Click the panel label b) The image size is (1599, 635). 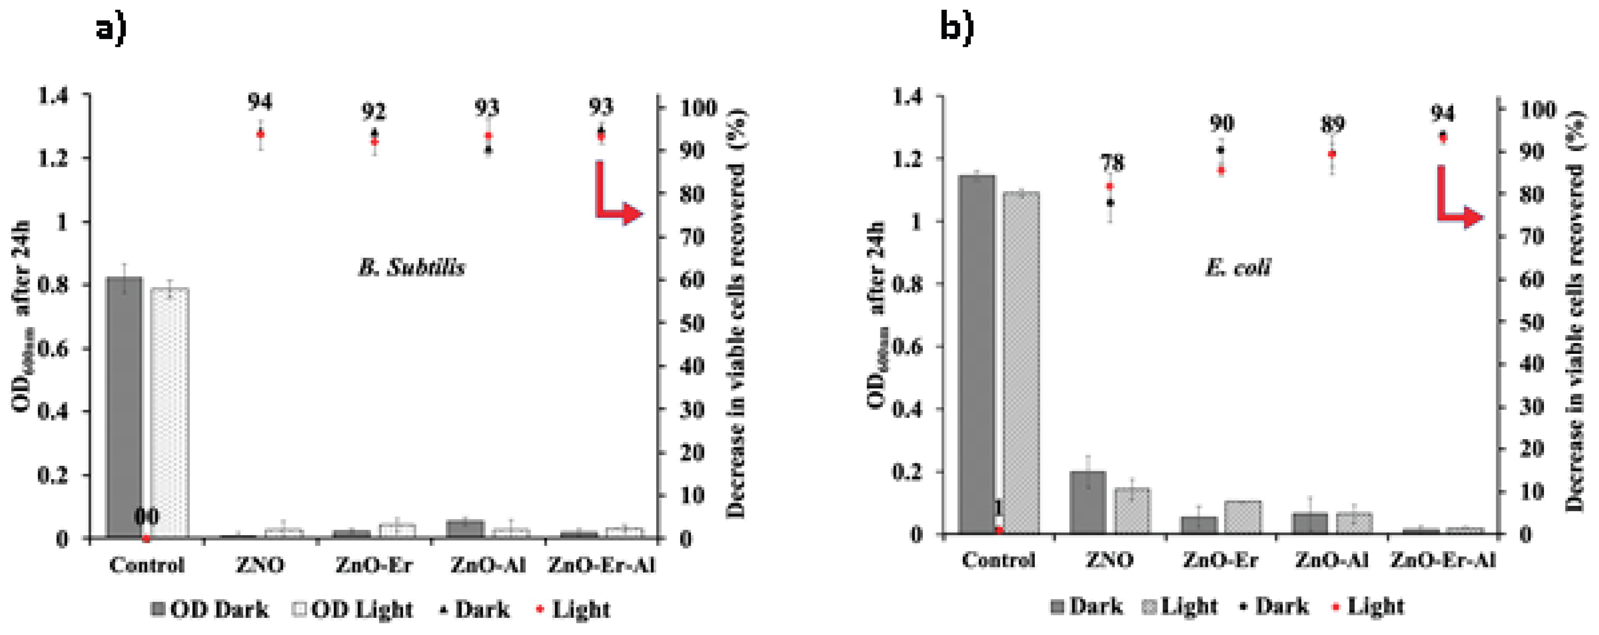[956, 27]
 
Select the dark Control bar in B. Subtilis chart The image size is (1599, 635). [124, 406]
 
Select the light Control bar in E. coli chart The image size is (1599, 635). [1021, 363]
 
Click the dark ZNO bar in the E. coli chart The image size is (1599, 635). [1087, 503]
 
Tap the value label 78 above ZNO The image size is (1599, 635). [1112, 163]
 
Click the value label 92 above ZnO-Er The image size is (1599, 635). [374, 113]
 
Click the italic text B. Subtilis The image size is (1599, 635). [412, 268]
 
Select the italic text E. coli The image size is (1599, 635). [1237, 268]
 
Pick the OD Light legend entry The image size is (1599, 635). [353, 610]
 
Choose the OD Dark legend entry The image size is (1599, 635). [210, 610]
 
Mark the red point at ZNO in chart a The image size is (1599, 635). [261, 134]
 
